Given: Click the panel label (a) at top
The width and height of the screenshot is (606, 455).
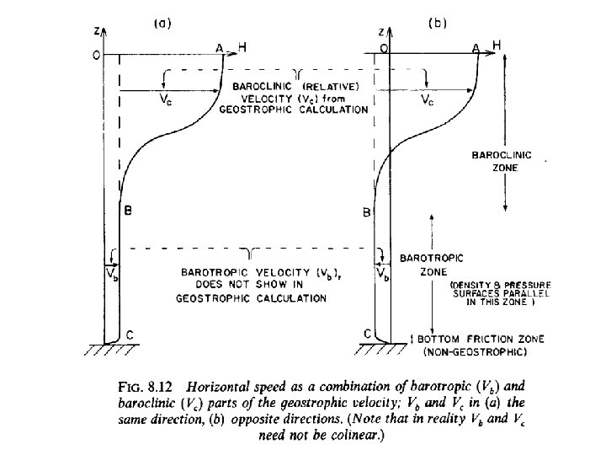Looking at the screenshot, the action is click(162, 24).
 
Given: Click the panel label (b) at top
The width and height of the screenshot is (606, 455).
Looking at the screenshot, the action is click(438, 24).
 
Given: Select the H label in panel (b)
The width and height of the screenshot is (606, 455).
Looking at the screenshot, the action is click(497, 45).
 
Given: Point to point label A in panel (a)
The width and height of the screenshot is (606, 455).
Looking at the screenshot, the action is click(220, 49).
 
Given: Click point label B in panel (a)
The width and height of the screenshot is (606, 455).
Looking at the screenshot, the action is click(127, 211).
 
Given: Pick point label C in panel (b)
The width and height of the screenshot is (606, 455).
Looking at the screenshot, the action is click(368, 334).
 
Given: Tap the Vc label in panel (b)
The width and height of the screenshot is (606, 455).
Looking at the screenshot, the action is click(429, 99).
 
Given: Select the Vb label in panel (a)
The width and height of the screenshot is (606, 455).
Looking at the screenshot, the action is click(110, 273).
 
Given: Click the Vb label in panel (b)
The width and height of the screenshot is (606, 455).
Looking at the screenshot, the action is click(383, 273).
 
